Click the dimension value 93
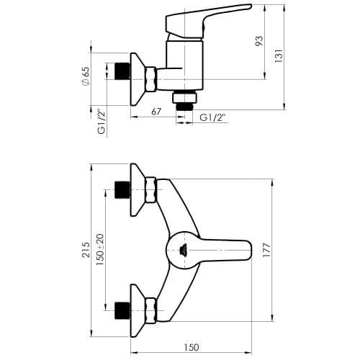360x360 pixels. tap(259, 41)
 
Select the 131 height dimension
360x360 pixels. tap(279, 56)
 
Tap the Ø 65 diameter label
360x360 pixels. tap(86, 76)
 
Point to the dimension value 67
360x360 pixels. tap(156, 112)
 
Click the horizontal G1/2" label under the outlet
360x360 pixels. tap(212, 117)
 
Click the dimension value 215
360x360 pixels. tap(86, 250)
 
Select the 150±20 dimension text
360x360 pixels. tap(100, 250)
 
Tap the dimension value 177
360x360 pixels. tap(266, 250)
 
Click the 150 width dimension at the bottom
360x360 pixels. tap(192, 347)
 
